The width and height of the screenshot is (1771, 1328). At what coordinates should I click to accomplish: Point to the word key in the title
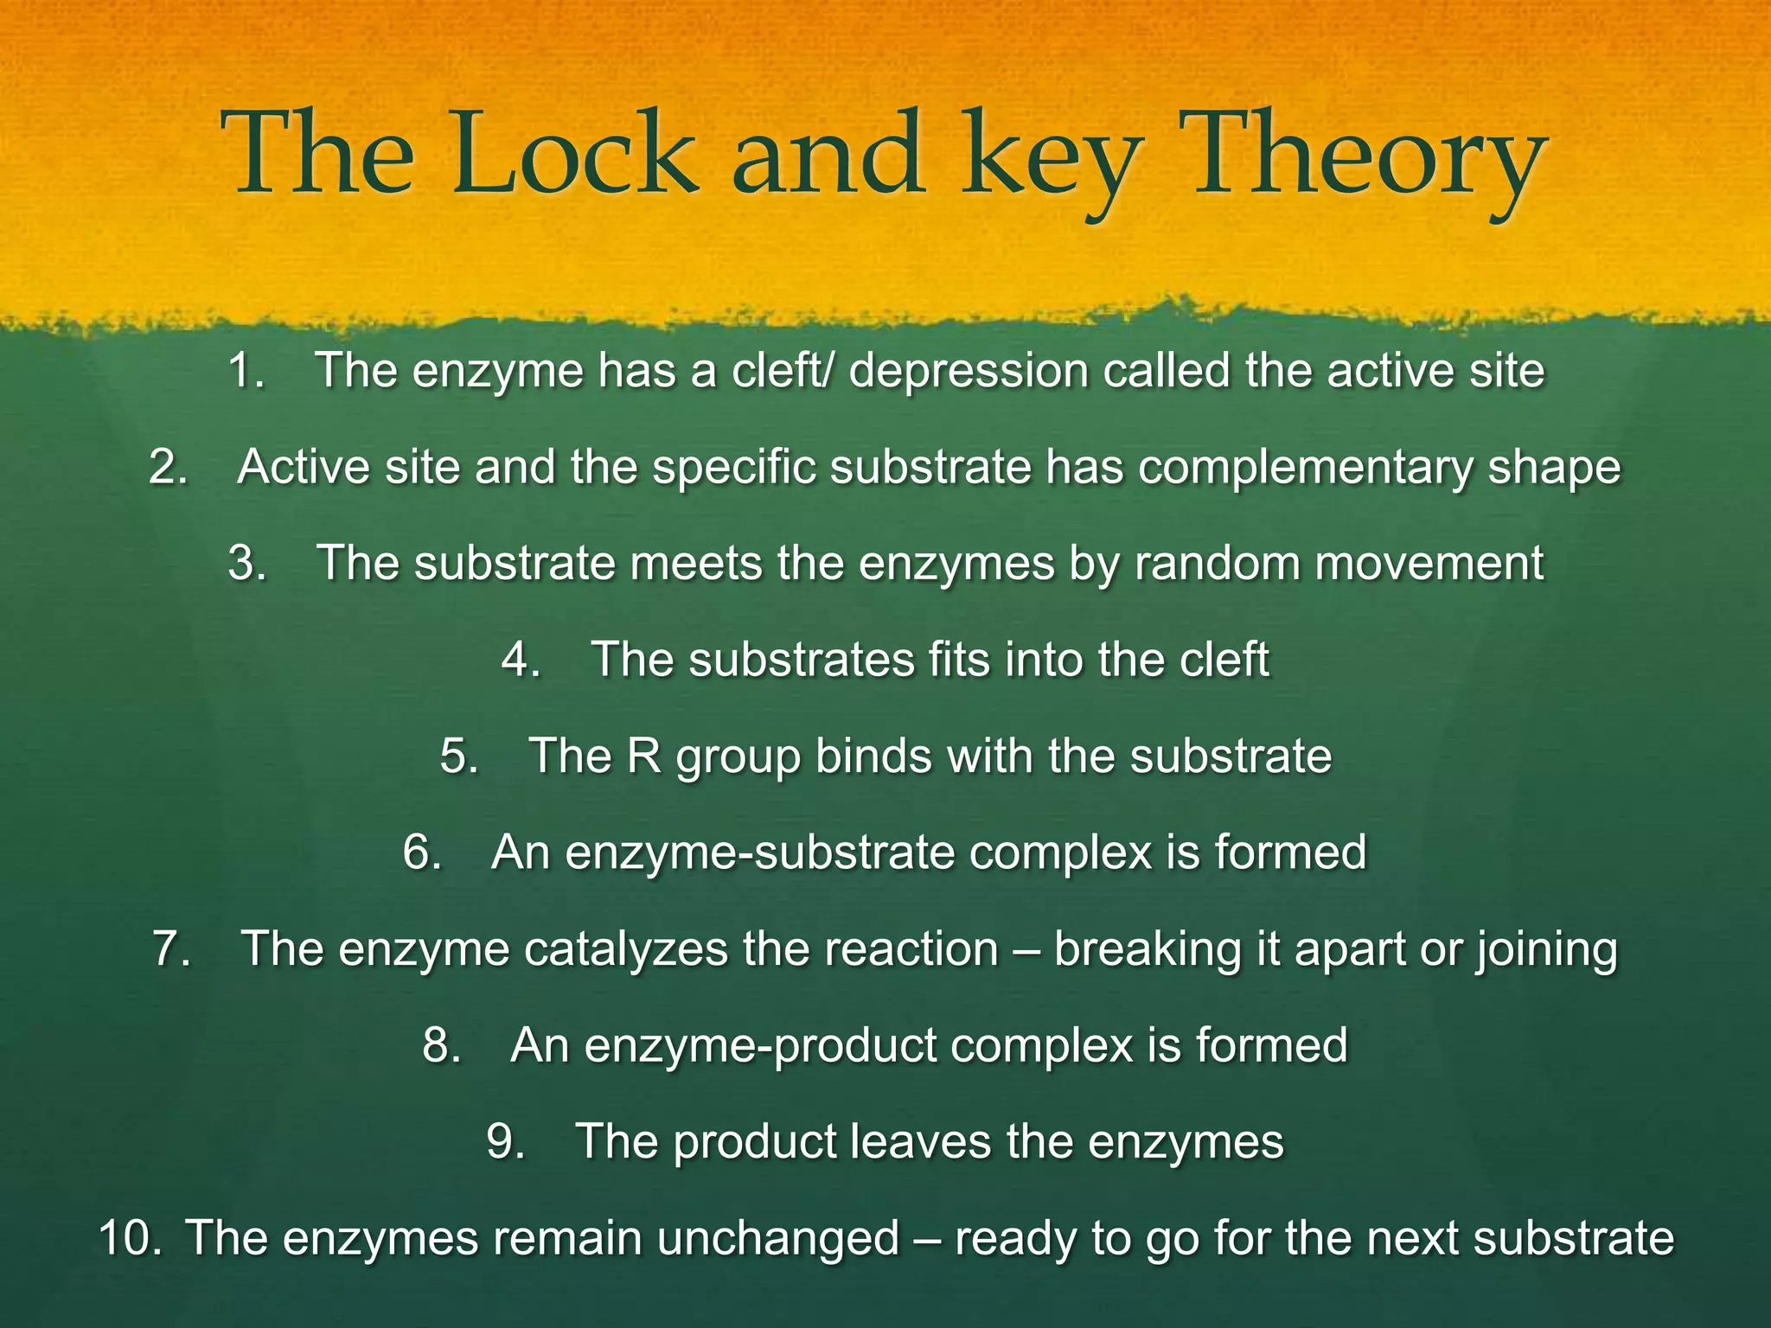[1052, 160]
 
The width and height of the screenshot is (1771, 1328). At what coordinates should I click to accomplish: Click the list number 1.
[246, 371]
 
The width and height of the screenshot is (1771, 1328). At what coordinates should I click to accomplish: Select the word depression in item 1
[968, 373]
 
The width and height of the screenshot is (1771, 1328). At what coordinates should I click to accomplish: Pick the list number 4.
[521, 661]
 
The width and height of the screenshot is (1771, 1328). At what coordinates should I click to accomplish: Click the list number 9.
[506, 1141]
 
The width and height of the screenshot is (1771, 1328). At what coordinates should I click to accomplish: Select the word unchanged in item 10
[778, 1238]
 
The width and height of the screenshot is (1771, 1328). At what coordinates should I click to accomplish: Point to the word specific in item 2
[734, 469]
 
